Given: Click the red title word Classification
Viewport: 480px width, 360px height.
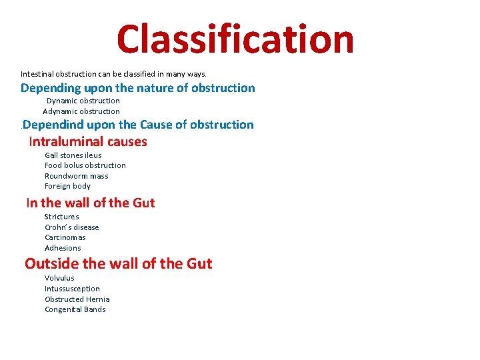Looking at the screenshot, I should pos(235,39).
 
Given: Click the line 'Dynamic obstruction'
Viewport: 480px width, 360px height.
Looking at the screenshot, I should pos(83,101).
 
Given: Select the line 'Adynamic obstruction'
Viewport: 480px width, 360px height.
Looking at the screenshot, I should pos(81,111).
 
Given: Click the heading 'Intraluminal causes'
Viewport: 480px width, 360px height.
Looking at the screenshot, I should pos(88,141).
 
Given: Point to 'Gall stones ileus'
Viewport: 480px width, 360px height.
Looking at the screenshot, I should pos(73,155).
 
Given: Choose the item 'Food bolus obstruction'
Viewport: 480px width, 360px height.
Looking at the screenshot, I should pos(85,165).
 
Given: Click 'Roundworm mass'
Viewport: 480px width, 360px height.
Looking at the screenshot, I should pos(76,176).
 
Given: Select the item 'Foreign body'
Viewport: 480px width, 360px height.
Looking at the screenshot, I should pos(67,186).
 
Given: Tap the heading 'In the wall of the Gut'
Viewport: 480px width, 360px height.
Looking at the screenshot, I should pos(90,203).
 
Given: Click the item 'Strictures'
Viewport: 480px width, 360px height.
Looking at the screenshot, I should pos(61,217).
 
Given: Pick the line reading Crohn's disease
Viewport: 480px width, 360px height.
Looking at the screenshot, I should pos(71,227).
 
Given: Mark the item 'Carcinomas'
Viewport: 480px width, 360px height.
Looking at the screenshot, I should pos(65,237).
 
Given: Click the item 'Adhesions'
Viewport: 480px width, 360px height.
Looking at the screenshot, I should pos(63,248).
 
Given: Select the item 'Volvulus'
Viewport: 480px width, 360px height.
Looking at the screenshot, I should pos(59,278).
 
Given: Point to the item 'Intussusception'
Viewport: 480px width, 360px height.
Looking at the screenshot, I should pos(72,289).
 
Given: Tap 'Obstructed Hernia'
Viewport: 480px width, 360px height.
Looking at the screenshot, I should pos(77,299).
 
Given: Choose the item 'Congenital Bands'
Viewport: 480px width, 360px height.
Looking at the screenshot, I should pos(75,309).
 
